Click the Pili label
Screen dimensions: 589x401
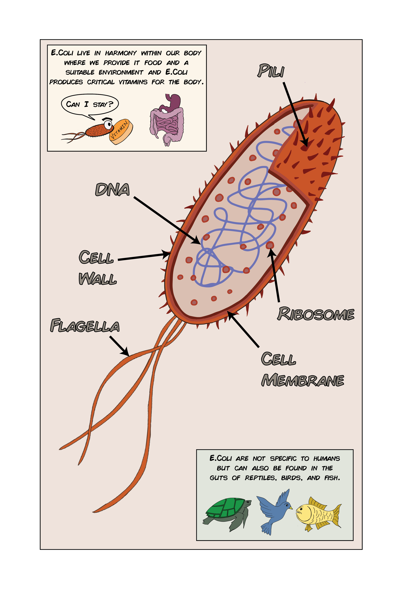[271, 71]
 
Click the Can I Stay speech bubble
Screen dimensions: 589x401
[90, 104]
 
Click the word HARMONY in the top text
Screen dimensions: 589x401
[121, 53]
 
